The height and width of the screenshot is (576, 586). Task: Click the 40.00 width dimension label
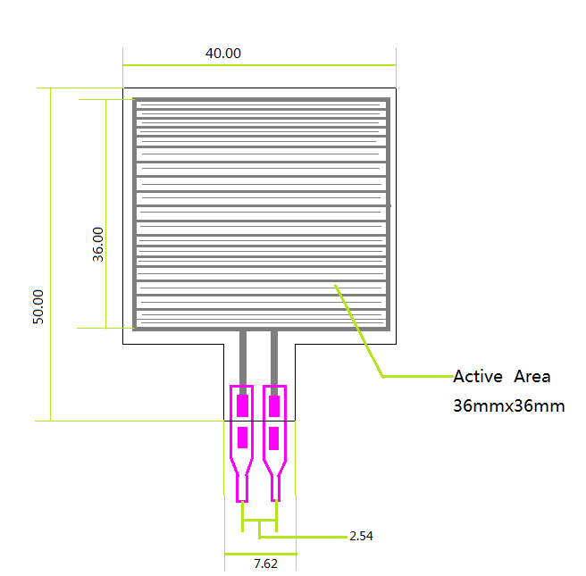tap(223, 53)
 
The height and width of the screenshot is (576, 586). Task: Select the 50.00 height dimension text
tap(38, 306)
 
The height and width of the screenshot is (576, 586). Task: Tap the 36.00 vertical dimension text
tap(98, 245)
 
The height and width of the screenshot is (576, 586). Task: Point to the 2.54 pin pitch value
tap(361, 536)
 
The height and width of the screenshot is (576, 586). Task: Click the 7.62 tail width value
tap(265, 563)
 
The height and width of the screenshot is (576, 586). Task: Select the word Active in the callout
tap(478, 376)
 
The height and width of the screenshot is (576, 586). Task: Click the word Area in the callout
tap(532, 376)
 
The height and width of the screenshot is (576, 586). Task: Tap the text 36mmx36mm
tap(508, 406)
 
